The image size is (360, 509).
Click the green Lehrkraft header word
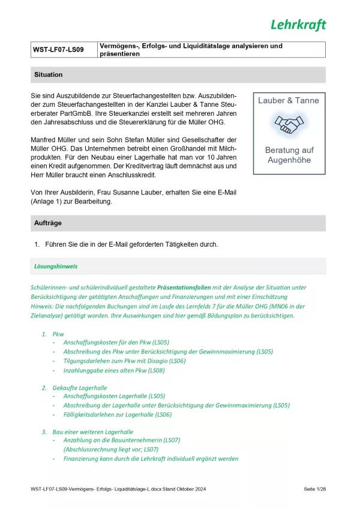pos(298,25)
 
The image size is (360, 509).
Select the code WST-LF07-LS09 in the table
pos(59,50)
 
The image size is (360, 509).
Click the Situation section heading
pos(49,75)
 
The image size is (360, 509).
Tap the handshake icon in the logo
pos(289,124)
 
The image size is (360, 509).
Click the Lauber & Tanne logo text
pos(289,101)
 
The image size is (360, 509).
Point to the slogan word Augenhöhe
pos(289,159)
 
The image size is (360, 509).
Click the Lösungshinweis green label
pos(56,266)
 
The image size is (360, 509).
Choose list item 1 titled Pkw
pos(58,334)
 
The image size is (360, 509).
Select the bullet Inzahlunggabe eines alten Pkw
pos(113,370)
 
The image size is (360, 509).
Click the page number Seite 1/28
pos(314,490)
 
